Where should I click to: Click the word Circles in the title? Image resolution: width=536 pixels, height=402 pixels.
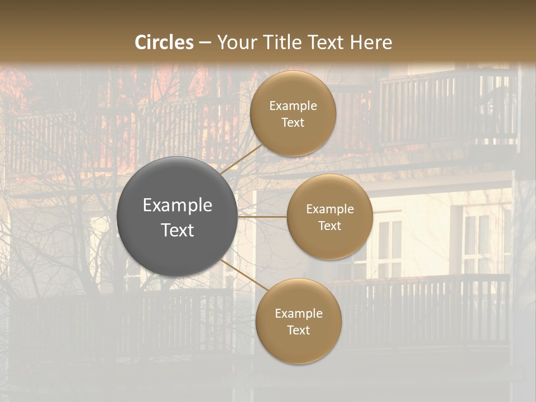point(164,42)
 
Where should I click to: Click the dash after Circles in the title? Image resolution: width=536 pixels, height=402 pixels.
point(205,43)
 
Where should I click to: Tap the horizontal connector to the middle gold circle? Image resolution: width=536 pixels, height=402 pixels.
point(262,217)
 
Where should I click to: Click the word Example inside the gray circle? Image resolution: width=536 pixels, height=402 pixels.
point(178,205)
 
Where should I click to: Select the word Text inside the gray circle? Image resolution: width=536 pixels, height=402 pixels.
point(178,230)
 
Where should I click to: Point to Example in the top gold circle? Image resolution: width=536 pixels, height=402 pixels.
point(293,106)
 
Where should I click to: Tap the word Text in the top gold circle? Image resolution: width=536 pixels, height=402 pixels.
point(293,123)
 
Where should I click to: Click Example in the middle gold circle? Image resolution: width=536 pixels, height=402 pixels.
point(330,209)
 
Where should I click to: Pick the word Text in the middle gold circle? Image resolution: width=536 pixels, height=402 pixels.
point(330,226)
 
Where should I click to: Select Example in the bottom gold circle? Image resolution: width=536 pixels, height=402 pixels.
point(299,314)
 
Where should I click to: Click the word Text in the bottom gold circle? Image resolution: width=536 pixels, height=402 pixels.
point(299,331)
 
